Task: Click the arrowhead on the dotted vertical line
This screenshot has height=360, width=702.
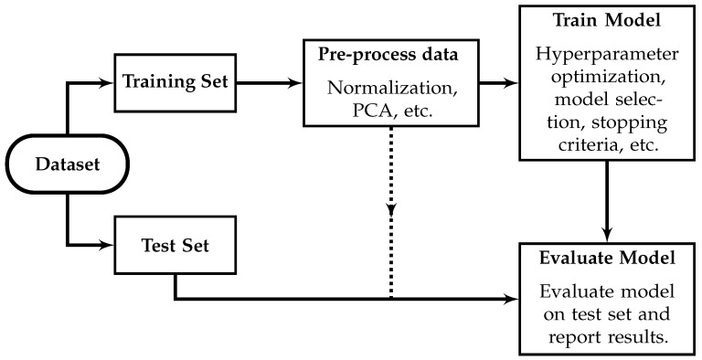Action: pyautogui.click(x=392, y=210)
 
